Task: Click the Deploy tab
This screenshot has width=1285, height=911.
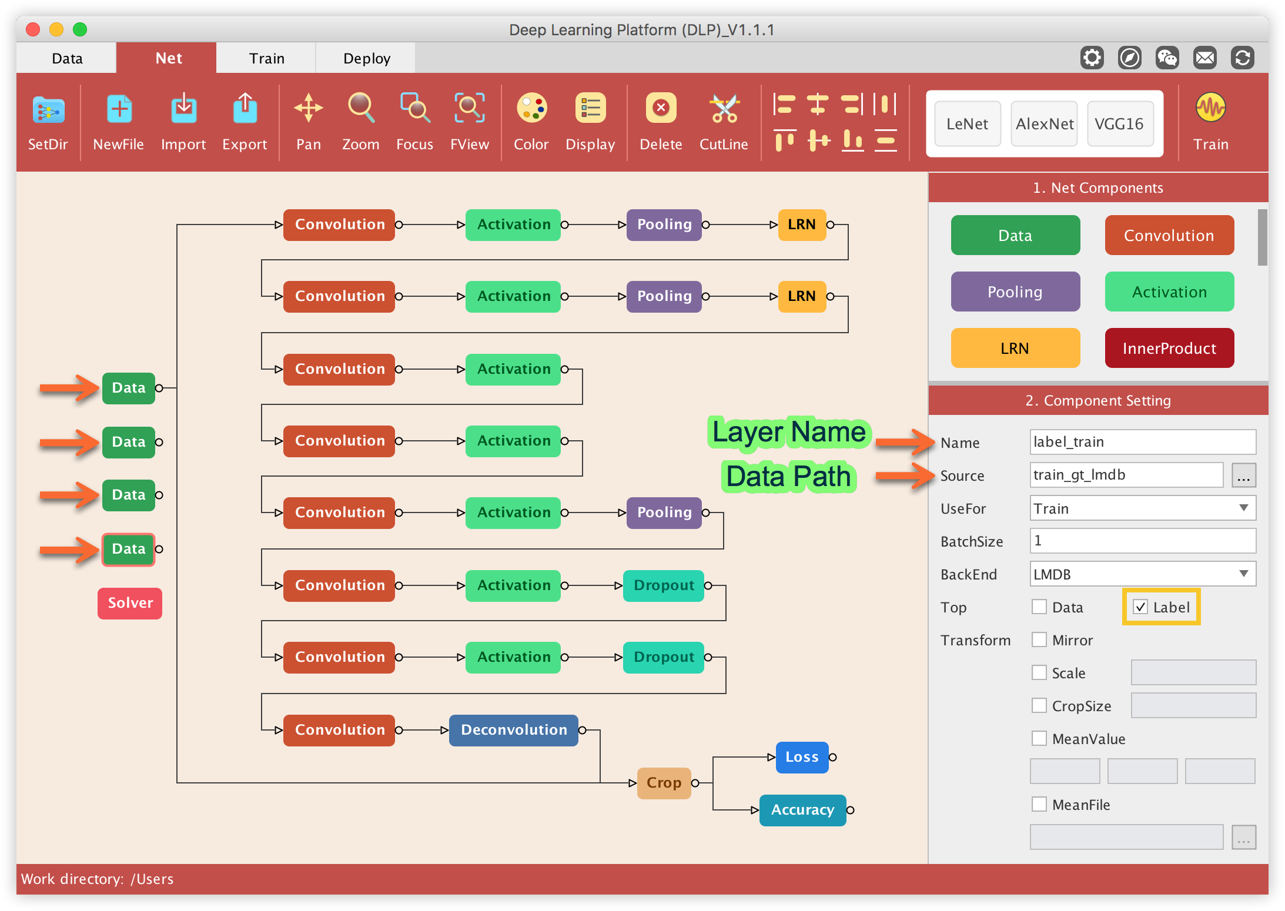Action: (366, 58)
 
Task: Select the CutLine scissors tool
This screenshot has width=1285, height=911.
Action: (724, 121)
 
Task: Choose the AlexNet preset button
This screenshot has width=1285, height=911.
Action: (1044, 124)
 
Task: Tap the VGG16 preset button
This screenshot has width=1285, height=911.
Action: (1119, 124)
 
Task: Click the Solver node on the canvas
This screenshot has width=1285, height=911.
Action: (130, 603)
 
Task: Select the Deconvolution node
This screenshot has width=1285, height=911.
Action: (514, 730)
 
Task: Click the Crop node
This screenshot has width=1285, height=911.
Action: (664, 783)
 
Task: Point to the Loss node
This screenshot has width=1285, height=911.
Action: (802, 757)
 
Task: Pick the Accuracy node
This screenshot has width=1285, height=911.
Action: (802, 810)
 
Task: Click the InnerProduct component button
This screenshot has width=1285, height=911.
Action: (1169, 349)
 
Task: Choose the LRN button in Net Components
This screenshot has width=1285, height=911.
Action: (1015, 349)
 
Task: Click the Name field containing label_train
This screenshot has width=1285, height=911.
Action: (1142, 442)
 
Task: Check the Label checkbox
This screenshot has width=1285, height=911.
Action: (1140, 607)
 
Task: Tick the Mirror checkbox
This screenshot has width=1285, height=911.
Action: (1039, 640)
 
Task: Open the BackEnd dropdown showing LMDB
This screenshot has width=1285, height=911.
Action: (1142, 574)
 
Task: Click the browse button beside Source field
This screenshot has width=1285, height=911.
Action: (1243, 475)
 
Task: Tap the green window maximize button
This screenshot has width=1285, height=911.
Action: (80, 29)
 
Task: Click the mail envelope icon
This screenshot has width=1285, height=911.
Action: (1204, 58)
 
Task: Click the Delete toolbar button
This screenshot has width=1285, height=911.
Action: (661, 121)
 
